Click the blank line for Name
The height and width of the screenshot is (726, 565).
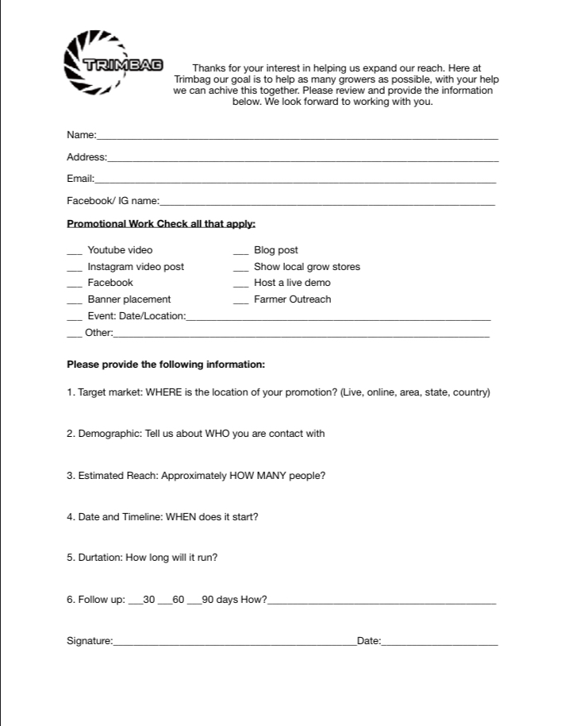(x=297, y=137)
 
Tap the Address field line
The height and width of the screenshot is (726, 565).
(x=302, y=160)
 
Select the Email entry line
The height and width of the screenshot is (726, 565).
(x=295, y=181)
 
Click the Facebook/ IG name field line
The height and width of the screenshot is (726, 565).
(x=327, y=203)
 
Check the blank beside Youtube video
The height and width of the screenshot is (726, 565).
(x=75, y=253)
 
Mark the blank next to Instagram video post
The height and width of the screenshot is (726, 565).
(x=75, y=269)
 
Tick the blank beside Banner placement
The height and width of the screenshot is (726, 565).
(x=75, y=302)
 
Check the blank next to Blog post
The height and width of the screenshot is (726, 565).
(x=241, y=253)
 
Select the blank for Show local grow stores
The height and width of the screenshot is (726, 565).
(x=241, y=269)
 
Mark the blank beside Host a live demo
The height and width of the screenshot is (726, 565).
(x=241, y=285)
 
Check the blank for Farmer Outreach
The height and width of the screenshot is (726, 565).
(x=241, y=302)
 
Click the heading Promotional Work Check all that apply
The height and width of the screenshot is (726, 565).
(x=161, y=224)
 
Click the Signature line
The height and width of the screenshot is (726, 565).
(x=234, y=643)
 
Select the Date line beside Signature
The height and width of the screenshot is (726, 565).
(x=440, y=643)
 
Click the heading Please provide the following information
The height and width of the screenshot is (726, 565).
(x=166, y=365)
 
